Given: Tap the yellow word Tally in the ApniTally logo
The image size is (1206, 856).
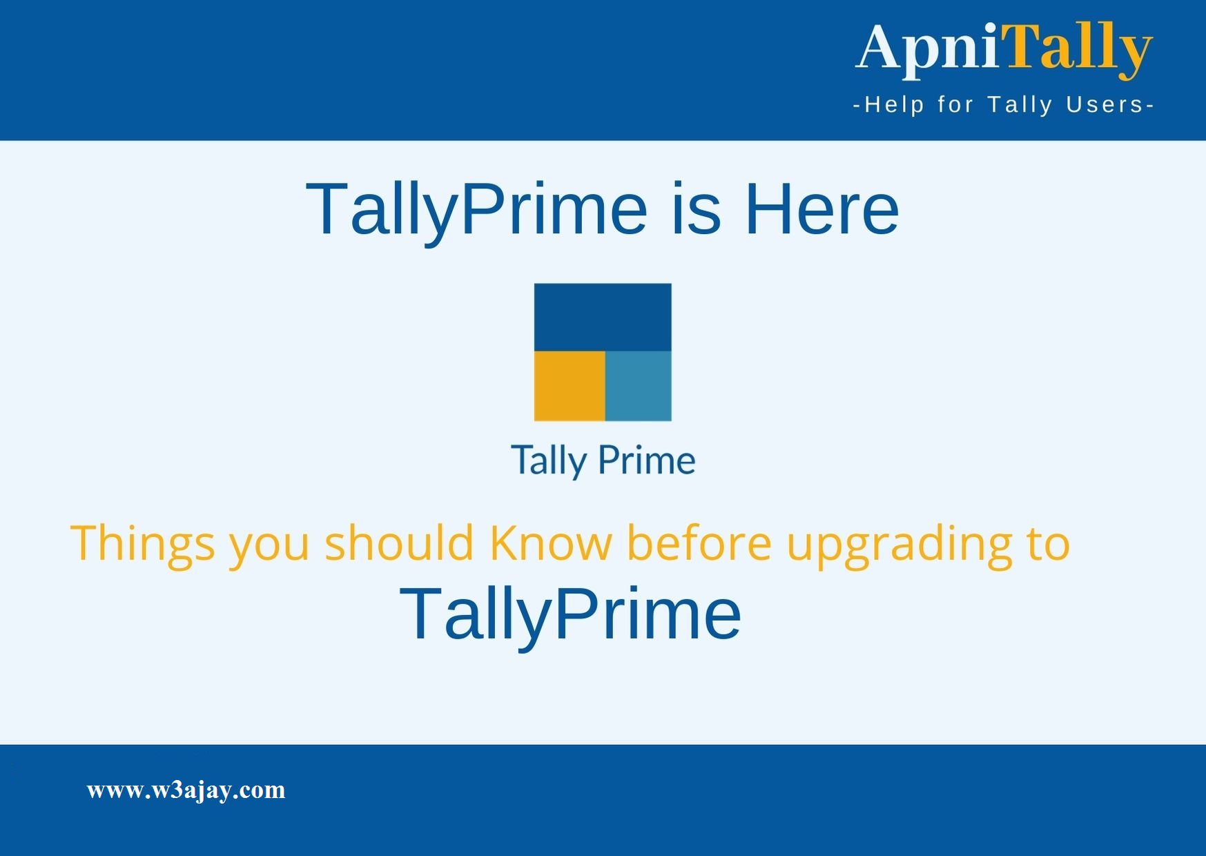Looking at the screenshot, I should pos(1077,48).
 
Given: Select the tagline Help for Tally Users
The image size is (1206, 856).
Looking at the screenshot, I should pos(1004,105).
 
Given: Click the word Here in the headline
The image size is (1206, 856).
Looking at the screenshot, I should pos(821,209).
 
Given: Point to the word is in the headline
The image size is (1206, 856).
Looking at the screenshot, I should pos(696,209).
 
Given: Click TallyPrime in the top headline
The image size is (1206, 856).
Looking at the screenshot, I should pos(476,209).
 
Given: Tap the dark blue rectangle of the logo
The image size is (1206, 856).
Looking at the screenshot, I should pos(603,317).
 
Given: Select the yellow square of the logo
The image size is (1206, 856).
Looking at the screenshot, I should pos(570,386).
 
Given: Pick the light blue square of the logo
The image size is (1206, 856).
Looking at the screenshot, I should pos(639,386).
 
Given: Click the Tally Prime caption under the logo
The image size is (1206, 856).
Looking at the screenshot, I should pos(603,460).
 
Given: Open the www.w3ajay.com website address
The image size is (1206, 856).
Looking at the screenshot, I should pos(186,790).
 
